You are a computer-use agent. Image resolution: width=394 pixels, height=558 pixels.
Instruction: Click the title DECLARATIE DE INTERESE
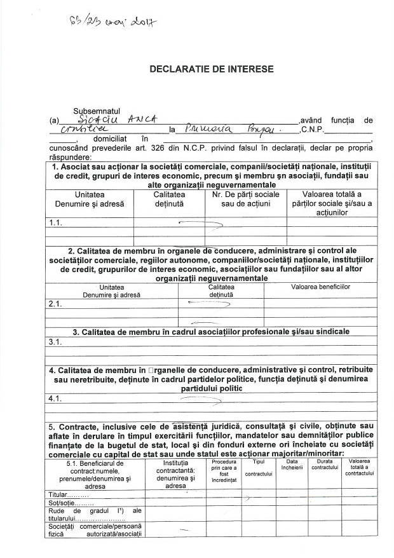point(203,69)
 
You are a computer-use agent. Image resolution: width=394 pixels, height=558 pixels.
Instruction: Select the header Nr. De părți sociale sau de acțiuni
point(245,199)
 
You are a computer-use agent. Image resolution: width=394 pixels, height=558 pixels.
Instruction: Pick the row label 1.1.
point(55,223)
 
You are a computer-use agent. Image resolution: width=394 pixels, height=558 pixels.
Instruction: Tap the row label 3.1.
point(55,342)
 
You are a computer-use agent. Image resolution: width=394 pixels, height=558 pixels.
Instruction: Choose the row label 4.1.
point(55,398)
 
